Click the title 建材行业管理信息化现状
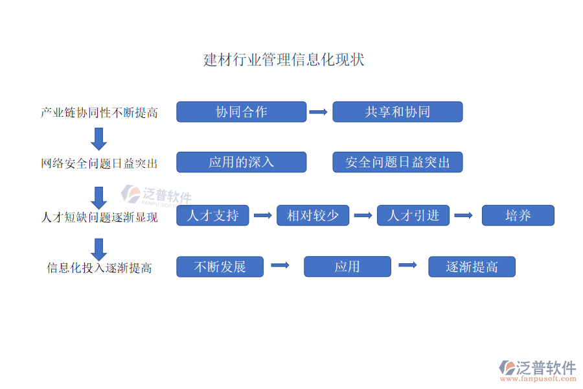[x=284, y=60]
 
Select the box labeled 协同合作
[x=241, y=112]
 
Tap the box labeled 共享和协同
[x=397, y=112]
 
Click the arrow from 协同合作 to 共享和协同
[x=318, y=112]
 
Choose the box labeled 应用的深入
[x=241, y=162]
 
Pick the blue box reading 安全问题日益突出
[x=397, y=162]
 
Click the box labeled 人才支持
[x=212, y=215]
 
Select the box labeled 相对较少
[x=313, y=215]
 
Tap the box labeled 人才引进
[x=413, y=215]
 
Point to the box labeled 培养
[x=518, y=215]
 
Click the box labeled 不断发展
[x=220, y=266]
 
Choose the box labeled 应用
[x=347, y=266]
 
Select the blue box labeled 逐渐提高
[x=472, y=266]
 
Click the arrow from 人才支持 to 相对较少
[x=262, y=215]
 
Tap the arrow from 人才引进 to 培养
[x=463, y=215]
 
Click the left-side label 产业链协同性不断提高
[x=99, y=113]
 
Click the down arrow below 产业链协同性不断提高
[x=99, y=139]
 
